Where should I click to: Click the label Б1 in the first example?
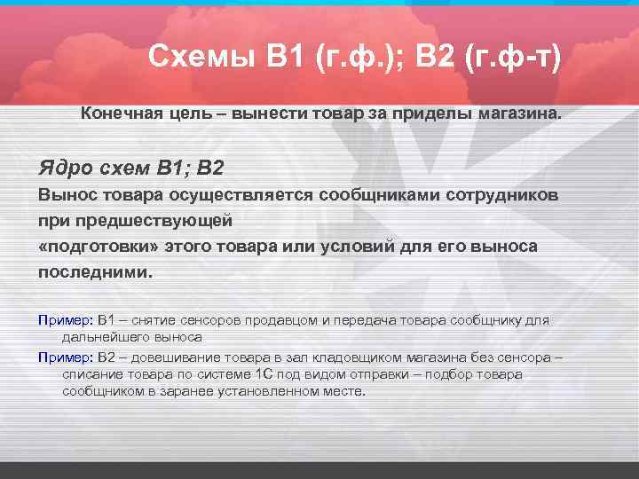click(x=106, y=319)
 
